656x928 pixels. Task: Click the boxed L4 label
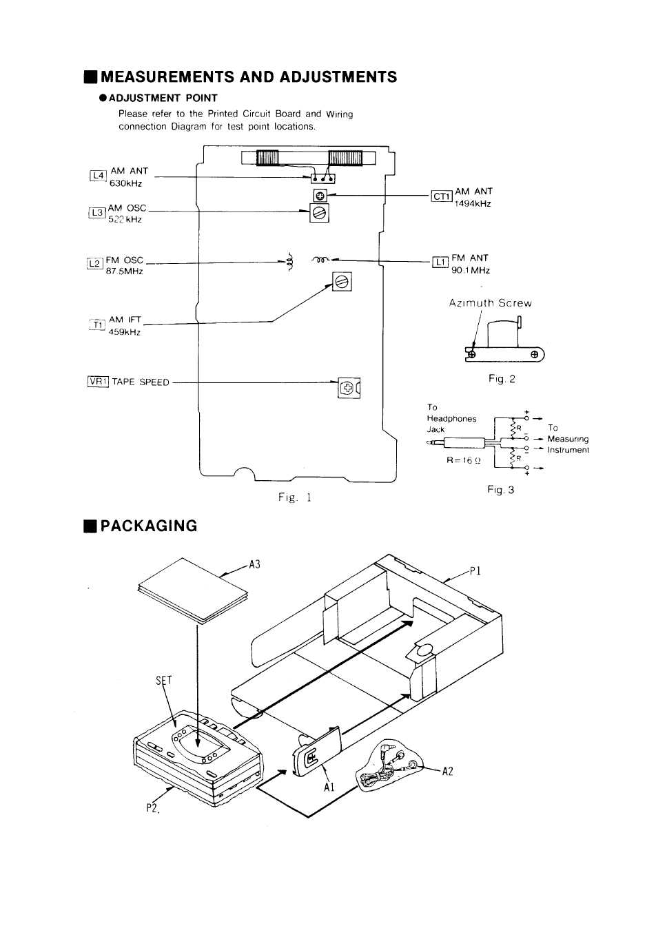[x=99, y=176]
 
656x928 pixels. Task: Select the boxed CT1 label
[x=442, y=196]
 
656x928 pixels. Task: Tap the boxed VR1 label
[x=99, y=382]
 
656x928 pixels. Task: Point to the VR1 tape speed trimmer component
[x=349, y=388]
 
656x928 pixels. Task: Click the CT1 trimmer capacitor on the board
[x=320, y=195]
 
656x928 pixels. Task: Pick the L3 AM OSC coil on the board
[x=320, y=213]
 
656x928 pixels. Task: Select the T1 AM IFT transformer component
[x=342, y=282]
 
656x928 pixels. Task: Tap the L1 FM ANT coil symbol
[x=320, y=260]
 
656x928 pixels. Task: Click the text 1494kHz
[x=473, y=203]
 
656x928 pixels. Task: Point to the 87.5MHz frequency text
[x=124, y=271]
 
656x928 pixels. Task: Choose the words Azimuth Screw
[x=490, y=303]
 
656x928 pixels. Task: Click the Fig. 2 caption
[x=502, y=379]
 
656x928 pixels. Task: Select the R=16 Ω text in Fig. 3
[x=464, y=460]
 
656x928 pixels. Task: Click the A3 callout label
[x=254, y=565]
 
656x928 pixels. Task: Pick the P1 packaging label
[x=475, y=571]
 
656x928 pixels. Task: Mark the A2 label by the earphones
[x=448, y=771]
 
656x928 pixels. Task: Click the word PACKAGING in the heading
[x=149, y=526]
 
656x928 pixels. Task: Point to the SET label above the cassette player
[x=164, y=681]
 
